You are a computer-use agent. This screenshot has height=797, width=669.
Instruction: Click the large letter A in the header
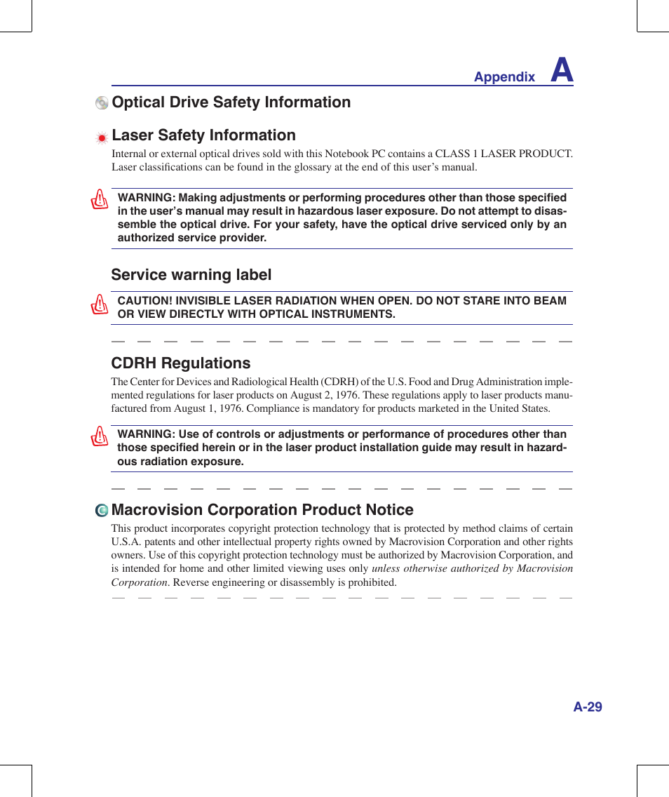pyautogui.click(x=562, y=71)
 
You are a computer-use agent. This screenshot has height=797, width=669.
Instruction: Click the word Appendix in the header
pyautogui.click(x=504, y=78)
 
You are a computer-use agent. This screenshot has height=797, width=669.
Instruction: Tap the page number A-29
pyautogui.click(x=587, y=707)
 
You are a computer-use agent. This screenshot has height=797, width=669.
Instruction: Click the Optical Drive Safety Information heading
pyautogui.click(x=231, y=102)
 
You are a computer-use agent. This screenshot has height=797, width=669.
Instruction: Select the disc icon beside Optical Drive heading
pyautogui.click(x=102, y=103)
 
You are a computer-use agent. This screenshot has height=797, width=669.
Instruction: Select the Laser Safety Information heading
pyautogui.click(x=203, y=135)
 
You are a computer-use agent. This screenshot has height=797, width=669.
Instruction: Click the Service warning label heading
pyautogui.click(x=191, y=275)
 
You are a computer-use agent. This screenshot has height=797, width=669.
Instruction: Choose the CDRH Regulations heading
pyautogui.click(x=180, y=363)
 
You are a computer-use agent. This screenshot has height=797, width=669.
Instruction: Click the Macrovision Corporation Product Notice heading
pyautogui.click(x=262, y=510)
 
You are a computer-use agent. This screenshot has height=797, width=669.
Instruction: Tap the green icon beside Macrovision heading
pyautogui.click(x=102, y=511)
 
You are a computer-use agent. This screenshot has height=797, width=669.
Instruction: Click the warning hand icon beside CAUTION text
pyautogui.click(x=100, y=304)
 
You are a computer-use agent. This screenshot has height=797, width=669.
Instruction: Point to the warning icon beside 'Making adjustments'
pyautogui.click(x=100, y=200)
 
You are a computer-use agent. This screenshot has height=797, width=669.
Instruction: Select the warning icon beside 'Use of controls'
pyautogui.click(x=100, y=436)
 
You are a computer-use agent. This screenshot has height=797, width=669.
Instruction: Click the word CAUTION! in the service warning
pyautogui.click(x=145, y=301)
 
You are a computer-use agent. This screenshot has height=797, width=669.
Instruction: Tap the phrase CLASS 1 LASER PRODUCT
pyautogui.click(x=503, y=154)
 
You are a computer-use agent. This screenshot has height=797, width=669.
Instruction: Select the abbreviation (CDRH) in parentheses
pyautogui.click(x=339, y=382)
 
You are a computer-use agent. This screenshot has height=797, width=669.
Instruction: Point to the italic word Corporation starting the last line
pyautogui.click(x=139, y=582)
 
